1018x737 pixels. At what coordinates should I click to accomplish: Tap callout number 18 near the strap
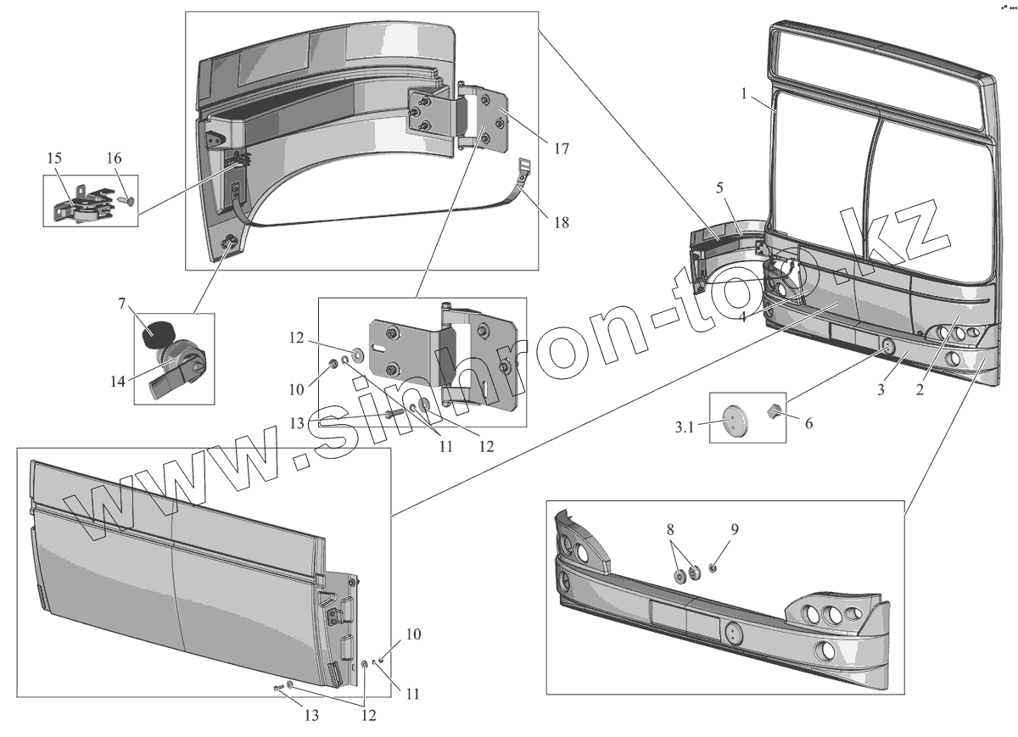(x=561, y=223)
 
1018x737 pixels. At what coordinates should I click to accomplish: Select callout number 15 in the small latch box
(x=54, y=159)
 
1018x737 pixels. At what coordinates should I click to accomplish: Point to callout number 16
(x=114, y=159)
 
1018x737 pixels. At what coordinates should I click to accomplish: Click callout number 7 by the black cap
(x=122, y=303)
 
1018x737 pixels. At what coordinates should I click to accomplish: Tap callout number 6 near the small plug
(x=808, y=422)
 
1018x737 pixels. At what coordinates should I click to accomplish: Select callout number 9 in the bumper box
(x=735, y=529)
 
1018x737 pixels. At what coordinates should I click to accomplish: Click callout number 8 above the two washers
(x=670, y=529)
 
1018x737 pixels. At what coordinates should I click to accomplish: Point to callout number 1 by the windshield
(x=744, y=94)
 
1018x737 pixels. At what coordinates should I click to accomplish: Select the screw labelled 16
(x=126, y=200)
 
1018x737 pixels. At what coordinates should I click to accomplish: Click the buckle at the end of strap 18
(x=524, y=167)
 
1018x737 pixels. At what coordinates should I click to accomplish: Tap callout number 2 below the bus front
(x=920, y=390)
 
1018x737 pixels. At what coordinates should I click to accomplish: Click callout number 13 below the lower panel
(x=311, y=715)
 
